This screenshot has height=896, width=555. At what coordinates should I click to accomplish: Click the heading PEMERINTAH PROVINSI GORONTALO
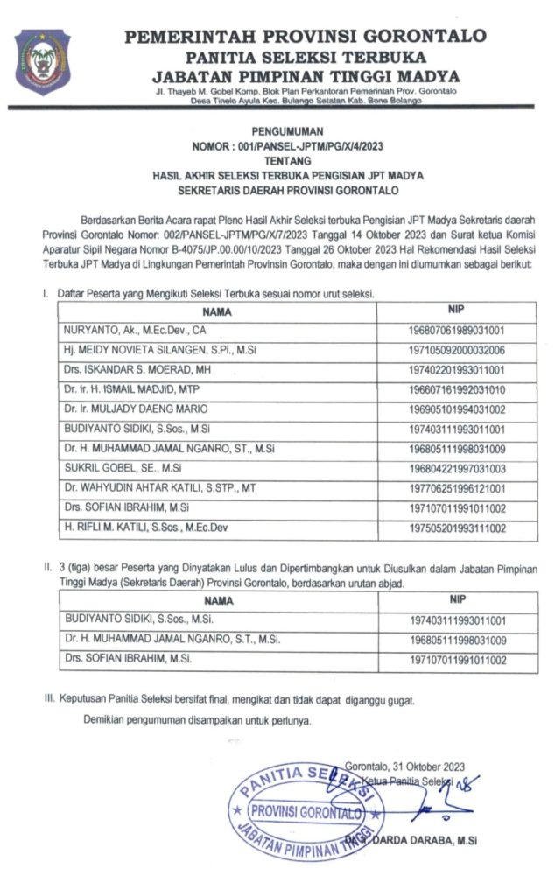pos(306,36)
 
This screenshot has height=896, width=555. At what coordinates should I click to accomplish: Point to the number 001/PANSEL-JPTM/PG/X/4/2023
pos(309,145)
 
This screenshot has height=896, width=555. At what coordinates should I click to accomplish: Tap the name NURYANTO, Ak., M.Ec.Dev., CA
pos(136,331)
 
